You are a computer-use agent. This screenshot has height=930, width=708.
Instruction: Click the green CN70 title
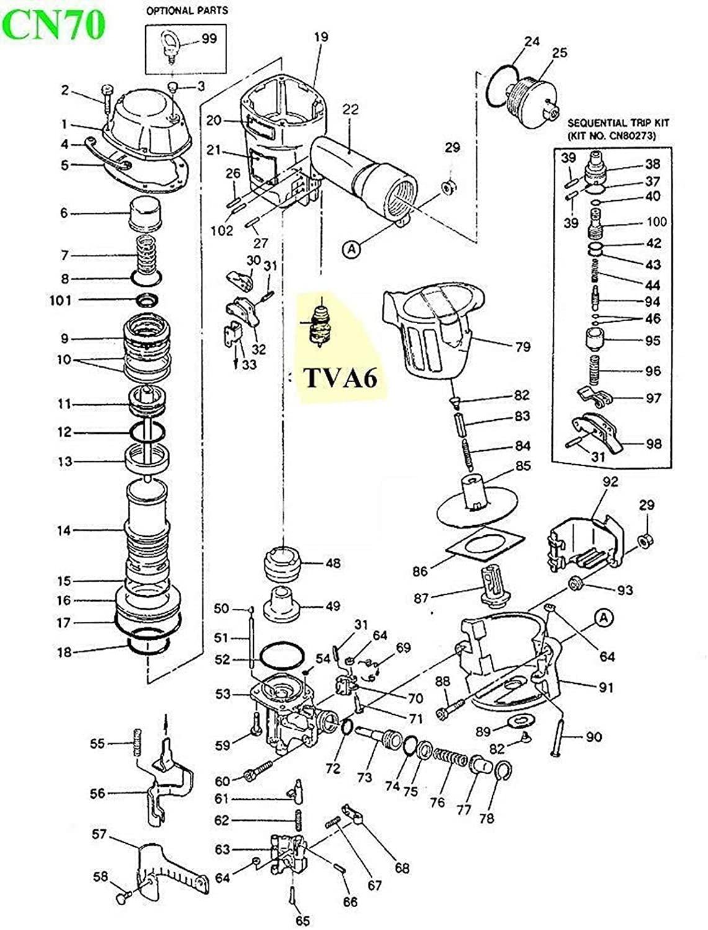tap(54, 25)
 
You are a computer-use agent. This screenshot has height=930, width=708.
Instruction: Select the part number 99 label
tap(209, 39)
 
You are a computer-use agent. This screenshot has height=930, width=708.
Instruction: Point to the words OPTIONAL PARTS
tap(187, 11)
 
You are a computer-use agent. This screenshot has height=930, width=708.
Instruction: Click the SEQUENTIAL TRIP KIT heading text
tap(618, 123)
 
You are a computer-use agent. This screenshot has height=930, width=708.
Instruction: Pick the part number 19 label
tap(321, 37)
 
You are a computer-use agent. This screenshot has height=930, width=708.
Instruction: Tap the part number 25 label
tap(559, 53)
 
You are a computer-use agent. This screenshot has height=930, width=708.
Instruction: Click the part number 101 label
tap(61, 301)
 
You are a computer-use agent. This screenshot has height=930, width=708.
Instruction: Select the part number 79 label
tap(522, 347)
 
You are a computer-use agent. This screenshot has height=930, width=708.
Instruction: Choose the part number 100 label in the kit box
tap(656, 221)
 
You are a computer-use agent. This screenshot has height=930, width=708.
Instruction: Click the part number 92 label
tap(610, 482)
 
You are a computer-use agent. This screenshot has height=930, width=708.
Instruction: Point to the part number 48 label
tap(333, 563)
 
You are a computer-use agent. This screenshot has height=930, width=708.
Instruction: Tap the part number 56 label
tap(97, 794)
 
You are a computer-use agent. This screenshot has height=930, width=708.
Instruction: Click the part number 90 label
tap(594, 737)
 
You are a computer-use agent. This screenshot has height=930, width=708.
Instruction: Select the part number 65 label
tap(303, 920)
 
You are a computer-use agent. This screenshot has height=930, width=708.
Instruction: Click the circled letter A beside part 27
tap(351, 249)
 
